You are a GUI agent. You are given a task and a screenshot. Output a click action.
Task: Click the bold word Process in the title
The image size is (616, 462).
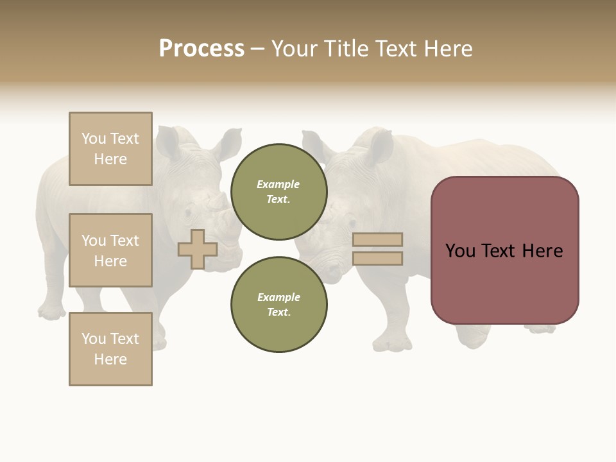(x=201, y=48)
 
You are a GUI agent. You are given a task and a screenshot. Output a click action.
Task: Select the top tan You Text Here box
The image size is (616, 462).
(x=110, y=149)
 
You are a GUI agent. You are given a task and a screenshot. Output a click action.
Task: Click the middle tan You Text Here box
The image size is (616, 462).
(x=110, y=250)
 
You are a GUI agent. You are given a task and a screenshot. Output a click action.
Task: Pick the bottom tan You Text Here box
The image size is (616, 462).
(x=110, y=348)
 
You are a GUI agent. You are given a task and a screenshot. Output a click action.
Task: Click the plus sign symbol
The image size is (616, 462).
(x=198, y=249)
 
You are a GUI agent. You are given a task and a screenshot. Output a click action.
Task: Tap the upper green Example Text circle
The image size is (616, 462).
(x=278, y=192)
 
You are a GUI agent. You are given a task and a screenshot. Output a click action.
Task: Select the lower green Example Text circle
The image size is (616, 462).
(x=278, y=304)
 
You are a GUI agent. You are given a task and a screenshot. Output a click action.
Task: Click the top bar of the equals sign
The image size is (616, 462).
(x=377, y=239)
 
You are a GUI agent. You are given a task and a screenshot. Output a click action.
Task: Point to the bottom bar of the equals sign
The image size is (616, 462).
(x=377, y=259)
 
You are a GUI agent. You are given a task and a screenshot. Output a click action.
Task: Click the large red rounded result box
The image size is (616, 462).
(x=504, y=250)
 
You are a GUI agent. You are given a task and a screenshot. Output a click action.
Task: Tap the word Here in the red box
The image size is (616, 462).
(x=542, y=251)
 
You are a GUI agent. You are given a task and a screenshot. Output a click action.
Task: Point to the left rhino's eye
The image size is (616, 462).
(x=188, y=212)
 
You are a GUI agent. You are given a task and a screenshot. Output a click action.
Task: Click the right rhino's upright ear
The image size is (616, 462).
(x=380, y=146)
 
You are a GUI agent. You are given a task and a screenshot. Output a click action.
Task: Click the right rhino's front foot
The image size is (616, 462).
(x=391, y=343)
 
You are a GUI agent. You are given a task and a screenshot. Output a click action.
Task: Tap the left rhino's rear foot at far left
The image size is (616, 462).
(x=52, y=311)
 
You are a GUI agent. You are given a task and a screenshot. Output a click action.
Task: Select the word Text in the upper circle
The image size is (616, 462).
(x=278, y=199)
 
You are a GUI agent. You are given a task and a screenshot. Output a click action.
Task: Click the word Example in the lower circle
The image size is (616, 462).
(x=278, y=297)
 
